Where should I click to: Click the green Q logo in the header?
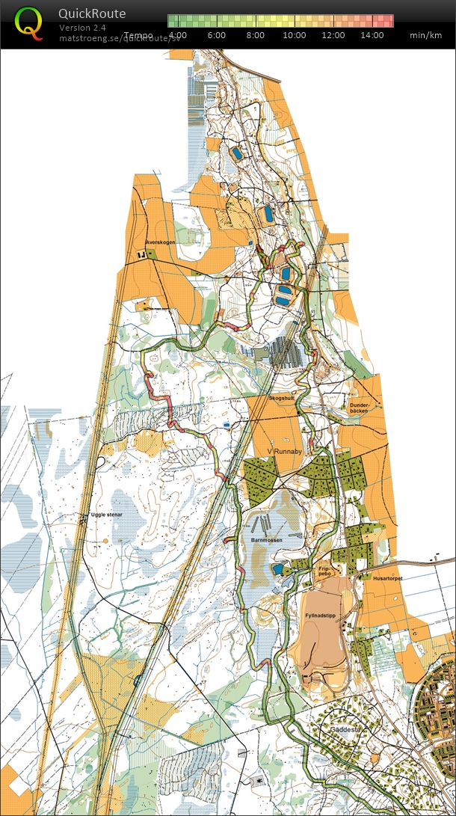coord(28,22)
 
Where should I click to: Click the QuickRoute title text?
coord(92,13)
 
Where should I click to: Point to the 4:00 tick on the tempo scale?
coord(178,35)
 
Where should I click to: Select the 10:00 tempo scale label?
coord(295,35)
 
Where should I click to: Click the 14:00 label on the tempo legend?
coord(372,35)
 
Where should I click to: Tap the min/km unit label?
coord(426,35)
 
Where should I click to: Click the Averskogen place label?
coord(161,242)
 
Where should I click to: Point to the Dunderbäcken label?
coord(360,408)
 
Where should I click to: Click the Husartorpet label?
coord(378,578)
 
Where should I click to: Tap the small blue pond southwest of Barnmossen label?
coord(278,569)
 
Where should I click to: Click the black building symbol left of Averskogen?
coord(141,255)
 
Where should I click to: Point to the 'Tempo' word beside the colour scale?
coord(139,35)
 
